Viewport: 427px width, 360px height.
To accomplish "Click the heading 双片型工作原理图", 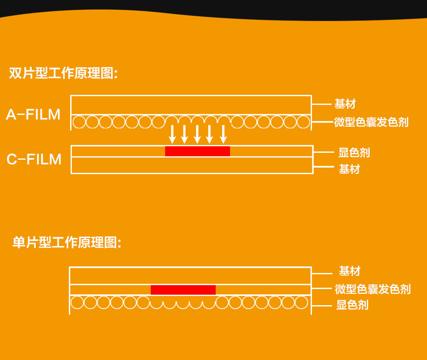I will [63, 73].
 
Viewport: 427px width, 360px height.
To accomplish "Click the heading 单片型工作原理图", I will [67, 242].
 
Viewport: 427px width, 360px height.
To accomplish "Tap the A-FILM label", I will [33, 114].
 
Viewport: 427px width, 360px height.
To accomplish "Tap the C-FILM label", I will [34, 159].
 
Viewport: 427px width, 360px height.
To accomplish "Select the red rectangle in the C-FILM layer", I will [197, 151].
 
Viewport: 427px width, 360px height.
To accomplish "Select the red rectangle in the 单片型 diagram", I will [183, 290].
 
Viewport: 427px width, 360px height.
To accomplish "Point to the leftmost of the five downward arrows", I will [172, 134].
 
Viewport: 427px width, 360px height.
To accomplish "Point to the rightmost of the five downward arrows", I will [223, 134].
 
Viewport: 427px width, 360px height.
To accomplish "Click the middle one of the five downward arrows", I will [197, 134].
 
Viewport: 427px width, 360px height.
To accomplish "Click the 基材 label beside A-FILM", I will [345, 104].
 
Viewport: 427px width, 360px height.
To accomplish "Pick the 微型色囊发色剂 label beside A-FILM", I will [371, 122].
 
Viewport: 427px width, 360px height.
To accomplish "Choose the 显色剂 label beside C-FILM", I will [354, 153].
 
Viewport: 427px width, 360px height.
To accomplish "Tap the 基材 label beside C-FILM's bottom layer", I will [349, 169].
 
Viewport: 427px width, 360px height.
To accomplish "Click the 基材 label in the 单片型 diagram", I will [350, 271].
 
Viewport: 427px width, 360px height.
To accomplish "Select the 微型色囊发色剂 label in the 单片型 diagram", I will [373, 289].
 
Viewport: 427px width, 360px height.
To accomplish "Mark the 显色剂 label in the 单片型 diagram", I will [352, 305].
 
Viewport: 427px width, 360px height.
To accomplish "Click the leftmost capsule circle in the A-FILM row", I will [79, 122].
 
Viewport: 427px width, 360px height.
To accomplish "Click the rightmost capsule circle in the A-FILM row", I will [303, 122].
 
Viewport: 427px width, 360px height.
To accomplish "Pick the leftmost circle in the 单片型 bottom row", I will [77, 303].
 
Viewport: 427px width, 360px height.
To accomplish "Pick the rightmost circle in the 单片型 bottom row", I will [302, 303].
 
